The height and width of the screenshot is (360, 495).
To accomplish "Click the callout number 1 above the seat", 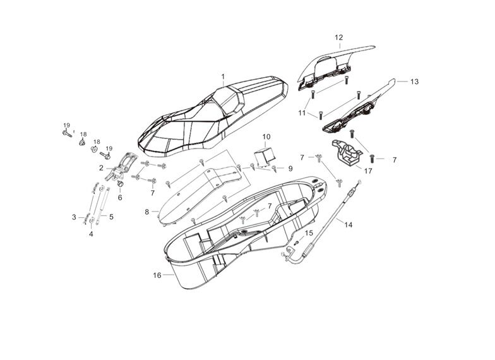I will pos(223,76).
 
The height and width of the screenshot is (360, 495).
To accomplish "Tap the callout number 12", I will pos(338,37).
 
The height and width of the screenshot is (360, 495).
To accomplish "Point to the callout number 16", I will pos(157,275).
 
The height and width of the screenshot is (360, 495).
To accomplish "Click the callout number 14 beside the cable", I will pos(349,223).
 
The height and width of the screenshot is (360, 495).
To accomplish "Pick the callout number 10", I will pos(266,136).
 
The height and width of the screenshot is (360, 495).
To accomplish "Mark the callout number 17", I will pos(368,171).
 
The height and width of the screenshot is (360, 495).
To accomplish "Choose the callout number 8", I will pos(147,212).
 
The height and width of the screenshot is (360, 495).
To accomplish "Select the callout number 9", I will pos(290,169).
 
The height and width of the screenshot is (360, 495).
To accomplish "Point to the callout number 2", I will pos(101,168).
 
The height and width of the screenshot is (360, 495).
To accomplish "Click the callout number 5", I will pos(111,217).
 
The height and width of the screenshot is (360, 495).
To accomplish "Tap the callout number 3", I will pos(74,217).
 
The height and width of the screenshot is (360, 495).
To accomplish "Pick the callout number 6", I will pos(120,197).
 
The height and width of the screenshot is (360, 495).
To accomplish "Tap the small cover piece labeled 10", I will pos(265,155).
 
